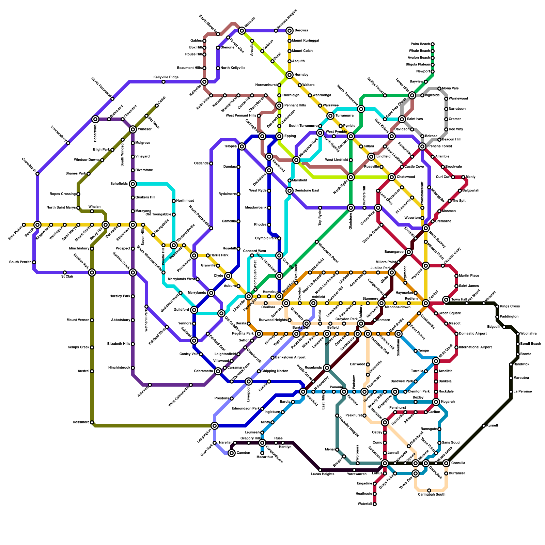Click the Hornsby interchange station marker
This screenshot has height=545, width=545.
(x=290, y=75)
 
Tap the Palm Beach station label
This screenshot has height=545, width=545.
(x=420, y=44)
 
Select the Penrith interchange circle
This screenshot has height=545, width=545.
(x=37, y=225)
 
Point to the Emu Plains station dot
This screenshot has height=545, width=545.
(x=24, y=225)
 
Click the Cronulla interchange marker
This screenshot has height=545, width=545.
(x=446, y=463)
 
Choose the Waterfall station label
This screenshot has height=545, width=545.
(x=364, y=504)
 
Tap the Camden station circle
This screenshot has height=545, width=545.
(x=232, y=453)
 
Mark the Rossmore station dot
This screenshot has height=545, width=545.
(x=92, y=422)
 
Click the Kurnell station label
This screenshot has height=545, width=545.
(x=492, y=426)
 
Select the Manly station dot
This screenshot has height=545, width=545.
(x=463, y=177)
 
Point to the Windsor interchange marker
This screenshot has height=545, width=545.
(x=133, y=129)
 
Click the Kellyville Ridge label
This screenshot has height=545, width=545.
(x=166, y=78)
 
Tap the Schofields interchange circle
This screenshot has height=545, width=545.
(x=133, y=184)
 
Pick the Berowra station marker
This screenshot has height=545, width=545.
(x=290, y=31)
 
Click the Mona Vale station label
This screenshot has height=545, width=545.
(x=450, y=89)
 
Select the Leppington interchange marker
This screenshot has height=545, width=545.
(x=215, y=426)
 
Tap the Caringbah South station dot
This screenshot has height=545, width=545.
(x=429, y=490)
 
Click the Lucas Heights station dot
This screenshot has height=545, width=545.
(x=320, y=470)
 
